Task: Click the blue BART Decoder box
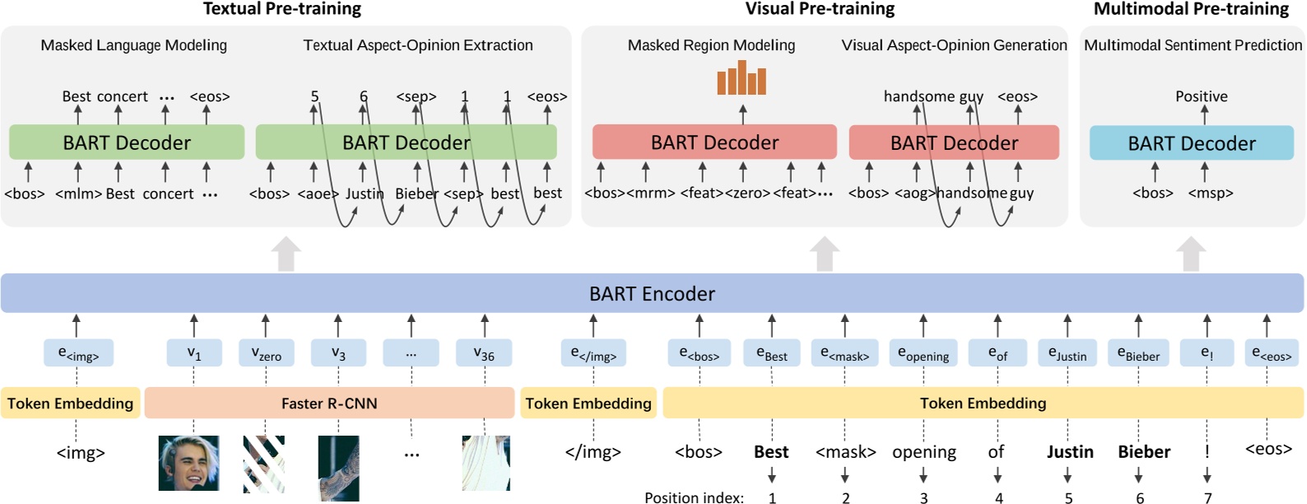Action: (1191, 143)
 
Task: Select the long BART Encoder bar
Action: (652, 293)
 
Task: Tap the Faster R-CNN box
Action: (329, 404)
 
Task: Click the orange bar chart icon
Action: (742, 78)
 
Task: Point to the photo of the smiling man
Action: (188, 463)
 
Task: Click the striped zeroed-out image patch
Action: (263, 464)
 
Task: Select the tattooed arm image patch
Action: (338, 468)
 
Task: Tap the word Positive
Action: (1201, 96)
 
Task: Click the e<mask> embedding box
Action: (844, 353)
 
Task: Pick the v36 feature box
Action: (484, 353)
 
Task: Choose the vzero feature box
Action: (266, 353)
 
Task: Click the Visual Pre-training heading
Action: (819, 9)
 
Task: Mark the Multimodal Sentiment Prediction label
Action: (1192, 45)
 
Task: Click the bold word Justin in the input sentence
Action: (1069, 451)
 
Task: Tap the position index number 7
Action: (1207, 497)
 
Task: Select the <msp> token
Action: (1210, 193)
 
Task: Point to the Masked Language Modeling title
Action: (133, 45)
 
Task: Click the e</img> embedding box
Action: (593, 353)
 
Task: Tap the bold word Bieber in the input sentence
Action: (1143, 451)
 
